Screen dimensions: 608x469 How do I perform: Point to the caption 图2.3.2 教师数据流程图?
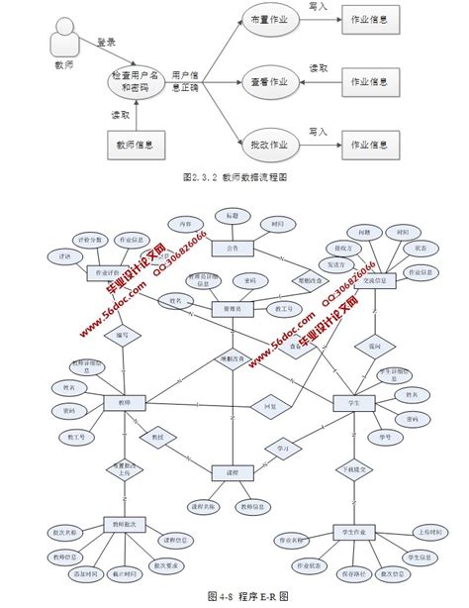click(x=234, y=179)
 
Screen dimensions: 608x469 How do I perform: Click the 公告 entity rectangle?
click(x=232, y=249)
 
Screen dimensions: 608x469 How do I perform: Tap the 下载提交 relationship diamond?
click(x=355, y=467)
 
